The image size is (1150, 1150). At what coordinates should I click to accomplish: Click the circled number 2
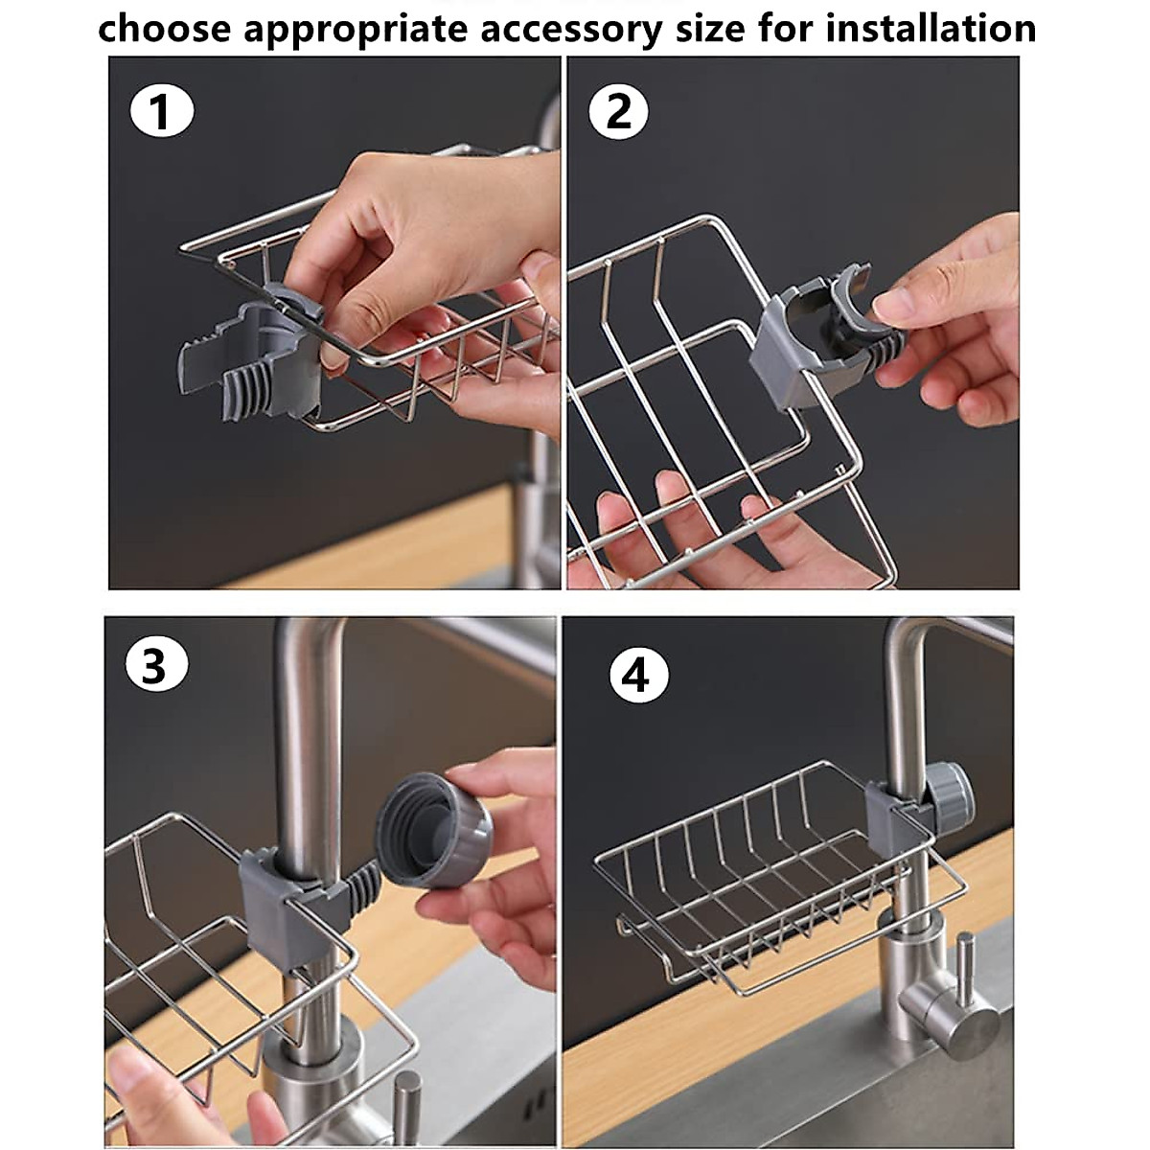[x=619, y=114]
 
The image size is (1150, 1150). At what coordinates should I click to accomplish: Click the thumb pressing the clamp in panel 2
[x=896, y=307]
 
